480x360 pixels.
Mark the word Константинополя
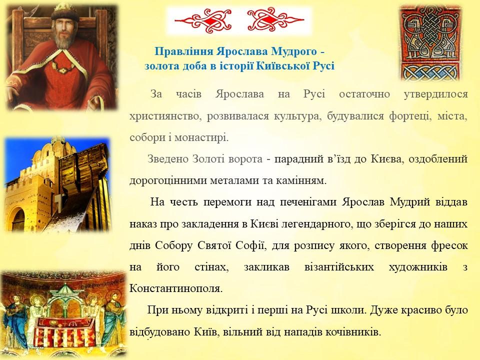(x=176, y=288)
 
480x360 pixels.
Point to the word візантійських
(x=339, y=267)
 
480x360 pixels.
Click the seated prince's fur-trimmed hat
(x=64, y=12)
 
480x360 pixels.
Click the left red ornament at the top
(x=203, y=20)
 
